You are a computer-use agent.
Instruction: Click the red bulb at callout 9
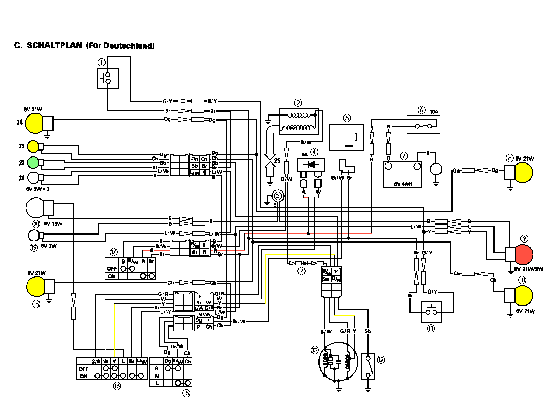tap(524, 254)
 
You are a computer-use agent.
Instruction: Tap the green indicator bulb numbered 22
tap(33, 162)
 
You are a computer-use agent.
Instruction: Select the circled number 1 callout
tap(101, 63)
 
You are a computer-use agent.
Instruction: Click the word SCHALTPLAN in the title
tap(54, 45)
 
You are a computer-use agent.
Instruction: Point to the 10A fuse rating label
tap(434, 112)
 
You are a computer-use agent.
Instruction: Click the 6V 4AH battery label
tap(403, 184)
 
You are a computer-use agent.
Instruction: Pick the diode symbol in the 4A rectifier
tap(311, 164)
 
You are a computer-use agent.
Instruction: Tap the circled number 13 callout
tap(315, 350)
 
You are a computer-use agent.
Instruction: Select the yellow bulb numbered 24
tap(34, 122)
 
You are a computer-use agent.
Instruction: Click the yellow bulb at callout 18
tap(36, 286)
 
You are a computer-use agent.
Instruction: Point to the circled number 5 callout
tap(347, 118)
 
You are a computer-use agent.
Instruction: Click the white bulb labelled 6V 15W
tap(35, 208)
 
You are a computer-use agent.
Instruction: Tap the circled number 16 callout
tap(117, 386)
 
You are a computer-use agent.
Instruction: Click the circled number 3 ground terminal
tap(278, 196)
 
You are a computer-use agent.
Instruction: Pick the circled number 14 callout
tap(301, 271)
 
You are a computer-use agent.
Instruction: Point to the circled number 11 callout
tap(431, 328)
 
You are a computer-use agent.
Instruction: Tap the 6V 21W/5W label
tap(528, 269)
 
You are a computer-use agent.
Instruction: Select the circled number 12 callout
tap(380, 359)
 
